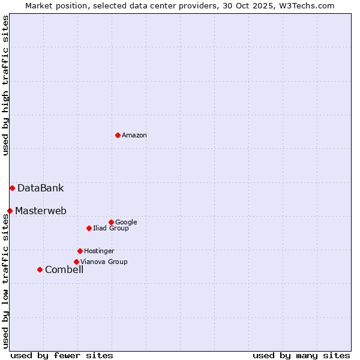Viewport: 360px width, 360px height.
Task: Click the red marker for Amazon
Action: tap(118, 135)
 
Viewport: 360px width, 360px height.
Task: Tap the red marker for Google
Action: tap(111, 222)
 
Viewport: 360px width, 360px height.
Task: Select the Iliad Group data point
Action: tap(89, 228)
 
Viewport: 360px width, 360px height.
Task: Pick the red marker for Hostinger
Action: tap(80, 251)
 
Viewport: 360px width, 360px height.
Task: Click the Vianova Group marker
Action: tap(76, 262)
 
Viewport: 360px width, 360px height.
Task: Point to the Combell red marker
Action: tap(40, 269)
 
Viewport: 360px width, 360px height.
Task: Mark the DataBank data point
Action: tap(12, 188)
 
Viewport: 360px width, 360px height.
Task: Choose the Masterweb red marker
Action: tap(10, 211)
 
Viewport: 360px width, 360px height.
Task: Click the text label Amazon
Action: tap(134, 136)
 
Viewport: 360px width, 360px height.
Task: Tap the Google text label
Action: tap(126, 223)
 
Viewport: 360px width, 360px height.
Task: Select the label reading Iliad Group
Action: tap(111, 229)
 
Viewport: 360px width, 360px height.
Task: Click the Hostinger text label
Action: tap(99, 251)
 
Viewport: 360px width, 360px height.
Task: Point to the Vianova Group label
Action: tap(104, 262)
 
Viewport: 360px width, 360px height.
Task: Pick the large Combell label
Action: tap(64, 270)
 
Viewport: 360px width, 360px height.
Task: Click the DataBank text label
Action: tap(40, 188)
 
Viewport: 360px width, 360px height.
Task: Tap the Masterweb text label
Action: tap(41, 211)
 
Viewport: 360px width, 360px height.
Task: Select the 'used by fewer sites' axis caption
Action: tap(62, 356)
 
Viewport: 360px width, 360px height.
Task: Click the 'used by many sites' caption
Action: tap(301, 356)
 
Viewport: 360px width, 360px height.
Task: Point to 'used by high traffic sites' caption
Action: tap(5, 85)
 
